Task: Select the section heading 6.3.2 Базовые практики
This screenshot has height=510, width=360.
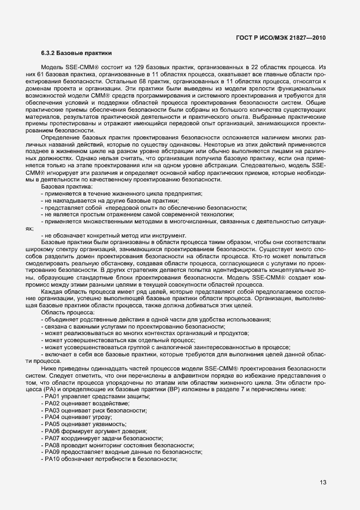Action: [x=76, y=53]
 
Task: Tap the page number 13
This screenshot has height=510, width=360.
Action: [x=322, y=482]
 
